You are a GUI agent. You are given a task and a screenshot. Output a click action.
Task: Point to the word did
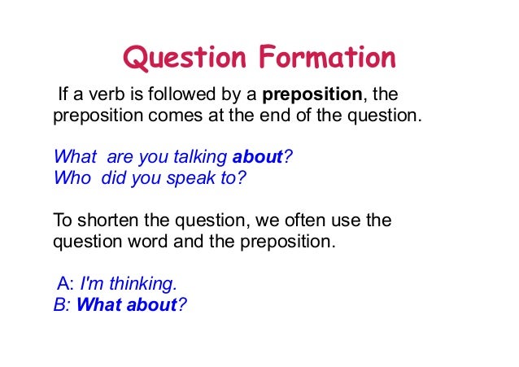[x=116, y=177]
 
